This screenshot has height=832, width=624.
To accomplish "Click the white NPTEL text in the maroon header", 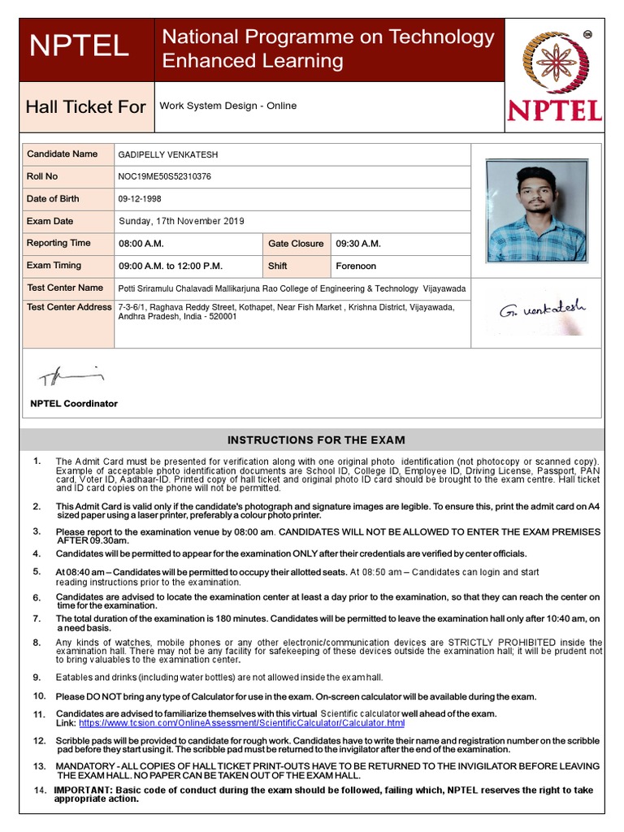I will click(x=79, y=46).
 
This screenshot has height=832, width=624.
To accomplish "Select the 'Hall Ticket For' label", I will click(x=85, y=106).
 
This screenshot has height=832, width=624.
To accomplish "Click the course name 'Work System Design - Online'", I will click(x=228, y=106).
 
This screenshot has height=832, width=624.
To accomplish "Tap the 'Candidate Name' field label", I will click(x=62, y=154).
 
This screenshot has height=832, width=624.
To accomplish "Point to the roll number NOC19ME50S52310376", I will click(x=165, y=176).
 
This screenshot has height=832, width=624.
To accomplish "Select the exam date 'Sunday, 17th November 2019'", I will click(x=181, y=221).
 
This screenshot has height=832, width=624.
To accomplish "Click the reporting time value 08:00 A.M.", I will click(x=141, y=244).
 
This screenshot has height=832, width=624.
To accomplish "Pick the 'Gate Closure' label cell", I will click(x=296, y=244).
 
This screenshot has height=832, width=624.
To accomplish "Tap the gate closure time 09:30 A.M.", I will click(x=358, y=244).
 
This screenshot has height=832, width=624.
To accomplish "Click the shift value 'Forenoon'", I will click(x=356, y=266).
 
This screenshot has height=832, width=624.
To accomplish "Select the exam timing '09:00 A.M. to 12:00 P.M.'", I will click(x=171, y=266).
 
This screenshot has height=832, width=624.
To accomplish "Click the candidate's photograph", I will click(x=535, y=210).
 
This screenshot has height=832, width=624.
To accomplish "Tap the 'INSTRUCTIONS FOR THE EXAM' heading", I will click(x=316, y=440).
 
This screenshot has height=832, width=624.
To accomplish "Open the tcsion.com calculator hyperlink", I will click(x=241, y=723).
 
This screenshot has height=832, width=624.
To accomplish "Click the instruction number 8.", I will click(x=37, y=643).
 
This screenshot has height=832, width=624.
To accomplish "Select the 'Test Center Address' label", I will click(x=69, y=307).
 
